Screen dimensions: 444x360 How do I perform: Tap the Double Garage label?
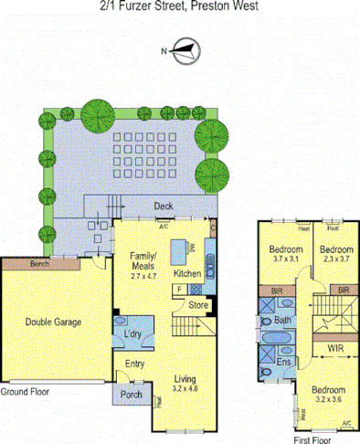click(53, 322)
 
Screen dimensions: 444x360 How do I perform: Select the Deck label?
click(164, 206)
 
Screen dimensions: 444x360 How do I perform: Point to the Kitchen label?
click(186, 273)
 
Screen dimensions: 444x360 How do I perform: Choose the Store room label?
click(198, 306)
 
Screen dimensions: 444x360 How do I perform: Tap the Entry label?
click(134, 363)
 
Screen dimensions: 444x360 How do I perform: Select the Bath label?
click(281, 321)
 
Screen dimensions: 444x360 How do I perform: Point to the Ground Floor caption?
click(25, 391)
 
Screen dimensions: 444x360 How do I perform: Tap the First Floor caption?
click(312, 439)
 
